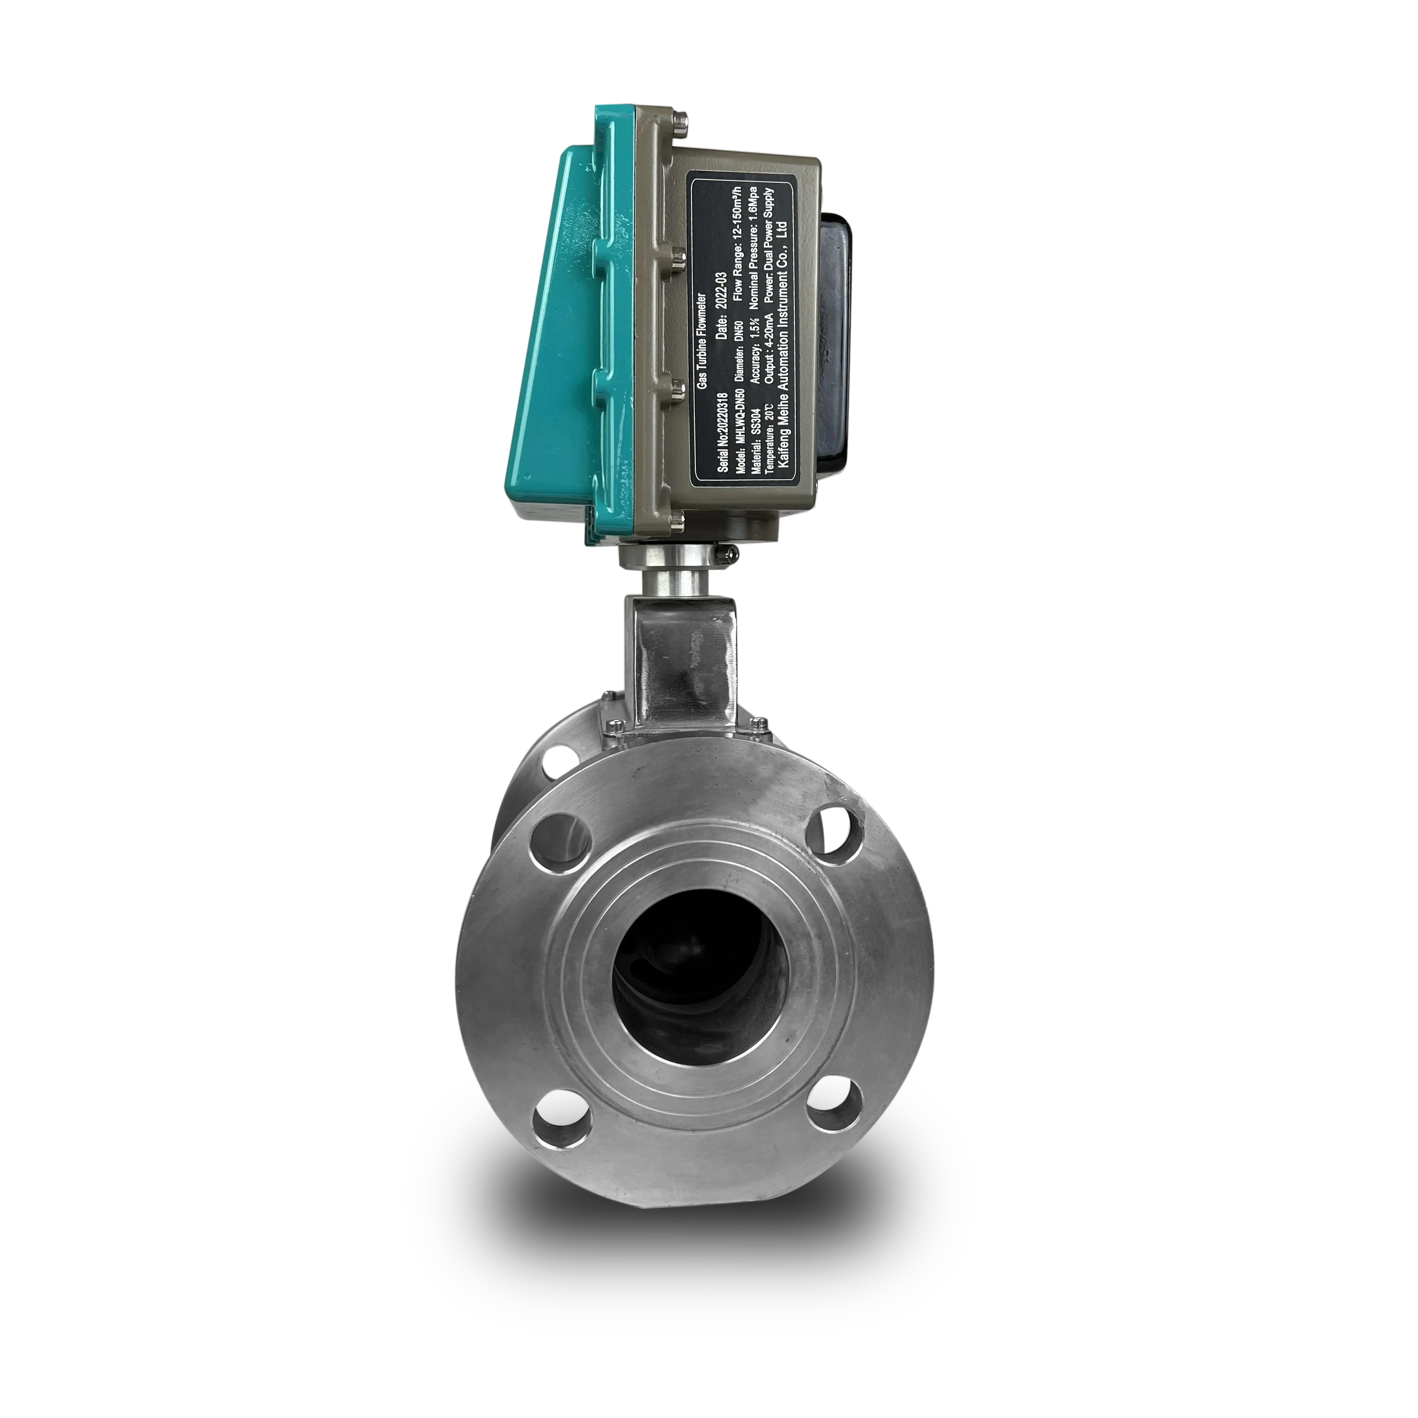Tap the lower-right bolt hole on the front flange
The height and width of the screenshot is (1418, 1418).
[834, 1105]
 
